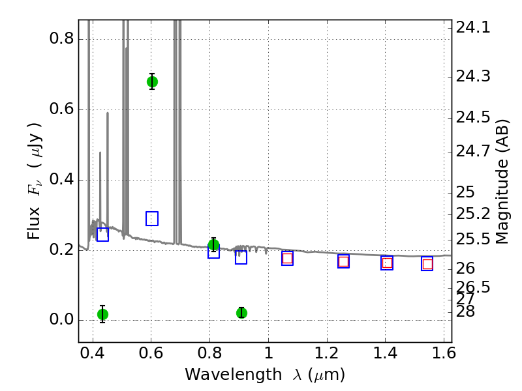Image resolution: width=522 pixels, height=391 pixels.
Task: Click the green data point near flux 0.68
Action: tap(152, 82)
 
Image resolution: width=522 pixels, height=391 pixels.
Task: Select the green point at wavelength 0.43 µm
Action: tap(103, 314)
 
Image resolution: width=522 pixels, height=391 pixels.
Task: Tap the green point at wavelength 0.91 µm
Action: tap(241, 313)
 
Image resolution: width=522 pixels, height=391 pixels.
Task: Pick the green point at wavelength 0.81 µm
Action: tap(214, 245)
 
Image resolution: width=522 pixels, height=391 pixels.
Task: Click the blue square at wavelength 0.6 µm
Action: tap(152, 218)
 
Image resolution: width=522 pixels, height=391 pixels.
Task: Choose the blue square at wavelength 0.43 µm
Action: tap(102, 235)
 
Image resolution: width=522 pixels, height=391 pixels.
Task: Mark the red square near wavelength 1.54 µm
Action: tap(427, 265)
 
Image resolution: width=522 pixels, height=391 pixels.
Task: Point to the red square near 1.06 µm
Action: tap(287, 258)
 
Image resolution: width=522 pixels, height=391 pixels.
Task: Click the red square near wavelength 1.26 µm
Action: tap(344, 262)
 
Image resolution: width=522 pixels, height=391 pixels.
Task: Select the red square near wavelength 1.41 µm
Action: tap(387, 263)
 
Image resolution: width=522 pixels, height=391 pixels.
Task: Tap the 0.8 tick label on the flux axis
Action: tap(61, 38)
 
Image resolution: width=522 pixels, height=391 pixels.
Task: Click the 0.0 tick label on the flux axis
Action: tap(61, 319)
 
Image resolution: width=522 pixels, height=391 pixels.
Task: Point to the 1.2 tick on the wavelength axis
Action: tap(327, 353)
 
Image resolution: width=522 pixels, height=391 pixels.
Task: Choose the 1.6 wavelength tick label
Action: tap(444, 353)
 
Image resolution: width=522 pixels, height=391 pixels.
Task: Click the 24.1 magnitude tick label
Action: tap(473, 27)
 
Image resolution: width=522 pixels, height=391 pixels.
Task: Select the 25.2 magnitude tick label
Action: tap(473, 214)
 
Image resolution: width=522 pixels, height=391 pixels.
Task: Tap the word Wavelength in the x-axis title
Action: tap(234, 375)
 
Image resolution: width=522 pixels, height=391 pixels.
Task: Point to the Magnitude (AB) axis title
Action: tap(502, 182)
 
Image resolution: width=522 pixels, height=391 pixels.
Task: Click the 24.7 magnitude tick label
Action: tap(473, 151)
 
